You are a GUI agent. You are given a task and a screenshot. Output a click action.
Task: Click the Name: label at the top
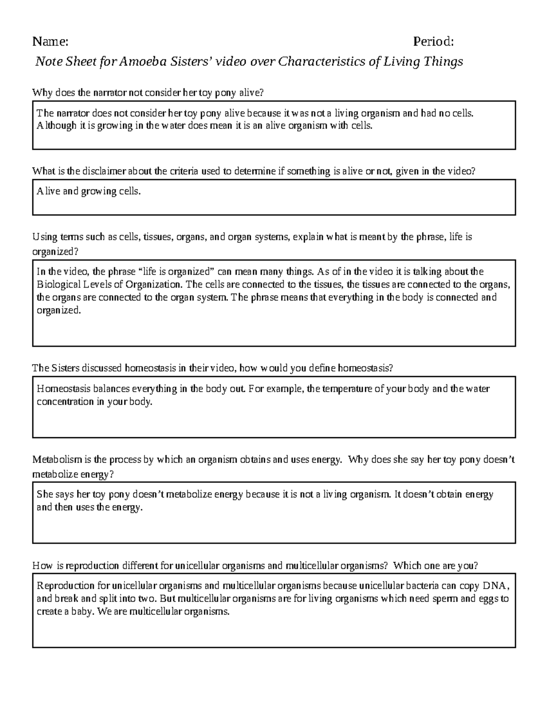pyautogui.click(x=50, y=42)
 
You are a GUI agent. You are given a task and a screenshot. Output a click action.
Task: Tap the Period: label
pyautogui.click(x=433, y=42)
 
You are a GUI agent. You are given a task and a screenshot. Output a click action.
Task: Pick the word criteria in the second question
pyautogui.click(x=184, y=171)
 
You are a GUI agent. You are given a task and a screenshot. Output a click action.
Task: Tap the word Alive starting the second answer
pyautogui.click(x=48, y=191)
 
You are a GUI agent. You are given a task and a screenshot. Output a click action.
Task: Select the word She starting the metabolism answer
pyautogui.click(x=44, y=494)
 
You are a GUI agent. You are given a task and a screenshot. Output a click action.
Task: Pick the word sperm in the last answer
pyautogui.click(x=445, y=599)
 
